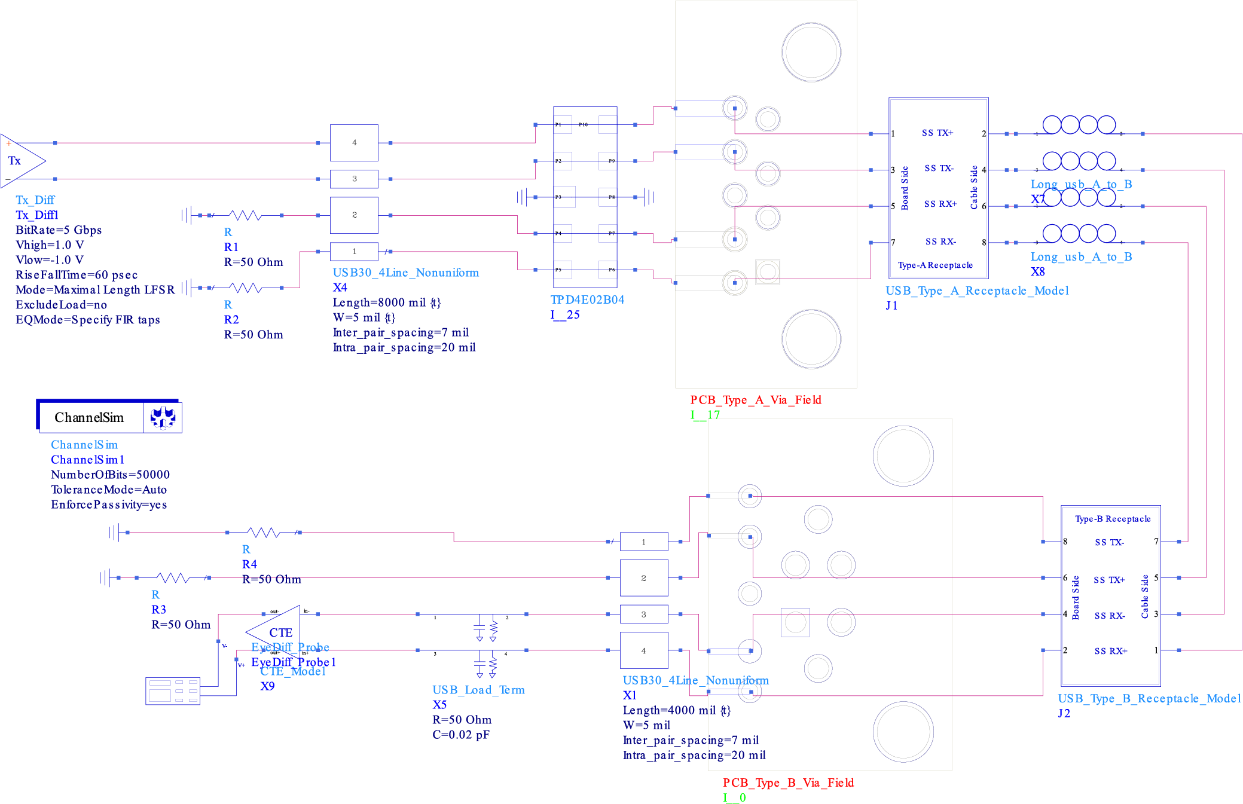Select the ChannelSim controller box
point(109,417)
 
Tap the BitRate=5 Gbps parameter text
point(59,230)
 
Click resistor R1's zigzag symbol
point(245,215)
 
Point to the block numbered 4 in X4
point(354,143)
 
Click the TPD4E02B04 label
point(587,300)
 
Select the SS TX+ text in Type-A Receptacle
point(937,133)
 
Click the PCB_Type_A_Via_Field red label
point(756,400)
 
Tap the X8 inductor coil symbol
point(1079,234)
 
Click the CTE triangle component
point(279,631)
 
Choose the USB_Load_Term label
point(478,690)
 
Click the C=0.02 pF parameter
point(460,735)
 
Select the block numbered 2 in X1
point(643,578)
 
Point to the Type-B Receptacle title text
point(1112,519)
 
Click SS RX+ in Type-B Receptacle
point(1110,651)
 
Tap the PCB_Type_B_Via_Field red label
point(788,782)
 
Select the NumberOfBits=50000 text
point(110,475)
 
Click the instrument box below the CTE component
point(173,691)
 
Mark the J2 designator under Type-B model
point(1064,713)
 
